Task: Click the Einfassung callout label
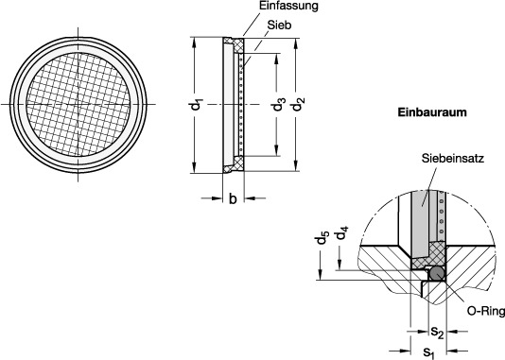[x=288, y=6]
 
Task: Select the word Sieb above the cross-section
[x=279, y=25]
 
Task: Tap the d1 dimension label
[x=196, y=105]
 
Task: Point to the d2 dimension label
[x=298, y=104]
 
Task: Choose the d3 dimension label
[x=279, y=104]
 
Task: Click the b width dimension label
[x=233, y=198]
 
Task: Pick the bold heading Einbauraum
[x=432, y=112]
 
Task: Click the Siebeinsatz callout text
[x=453, y=159]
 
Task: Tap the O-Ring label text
[x=486, y=311]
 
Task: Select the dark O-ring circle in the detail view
[x=437, y=273]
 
